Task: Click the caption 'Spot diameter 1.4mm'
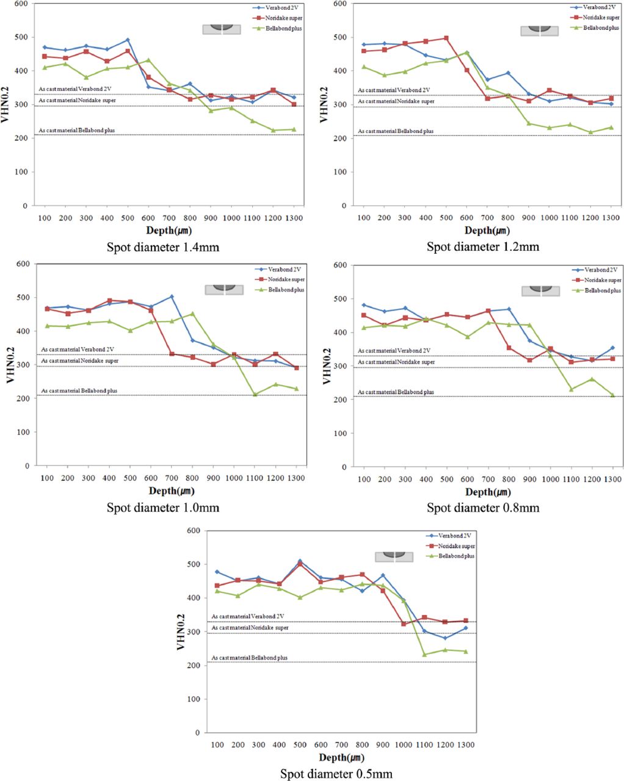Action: click(x=163, y=247)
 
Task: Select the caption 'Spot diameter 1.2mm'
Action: click(x=482, y=247)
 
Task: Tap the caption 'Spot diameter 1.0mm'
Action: click(x=163, y=508)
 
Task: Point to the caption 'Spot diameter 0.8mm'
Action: click(x=482, y=508)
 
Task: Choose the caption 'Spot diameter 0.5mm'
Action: click(x=336, y=774)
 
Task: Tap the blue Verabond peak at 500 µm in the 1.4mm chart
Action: click(x=128, y=40)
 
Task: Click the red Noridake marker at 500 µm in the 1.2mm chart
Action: click(x=446, y=38)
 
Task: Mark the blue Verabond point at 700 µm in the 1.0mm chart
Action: click(x=172, y=297)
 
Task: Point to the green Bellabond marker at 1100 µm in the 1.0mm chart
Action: click(x=255, y=394)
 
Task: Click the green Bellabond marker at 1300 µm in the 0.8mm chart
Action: click(x=612, y=395)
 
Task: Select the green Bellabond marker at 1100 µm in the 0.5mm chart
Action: click(x=424, y=655)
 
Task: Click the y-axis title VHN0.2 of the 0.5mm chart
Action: click(x=181, y=632)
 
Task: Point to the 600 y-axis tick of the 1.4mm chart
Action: click(x=21, y=4)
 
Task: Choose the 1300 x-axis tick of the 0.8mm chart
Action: click(x=612, y=480)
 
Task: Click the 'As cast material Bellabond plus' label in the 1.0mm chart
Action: click(x=79, y=390)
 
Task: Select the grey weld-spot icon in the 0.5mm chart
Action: click(x=394, y=556)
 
